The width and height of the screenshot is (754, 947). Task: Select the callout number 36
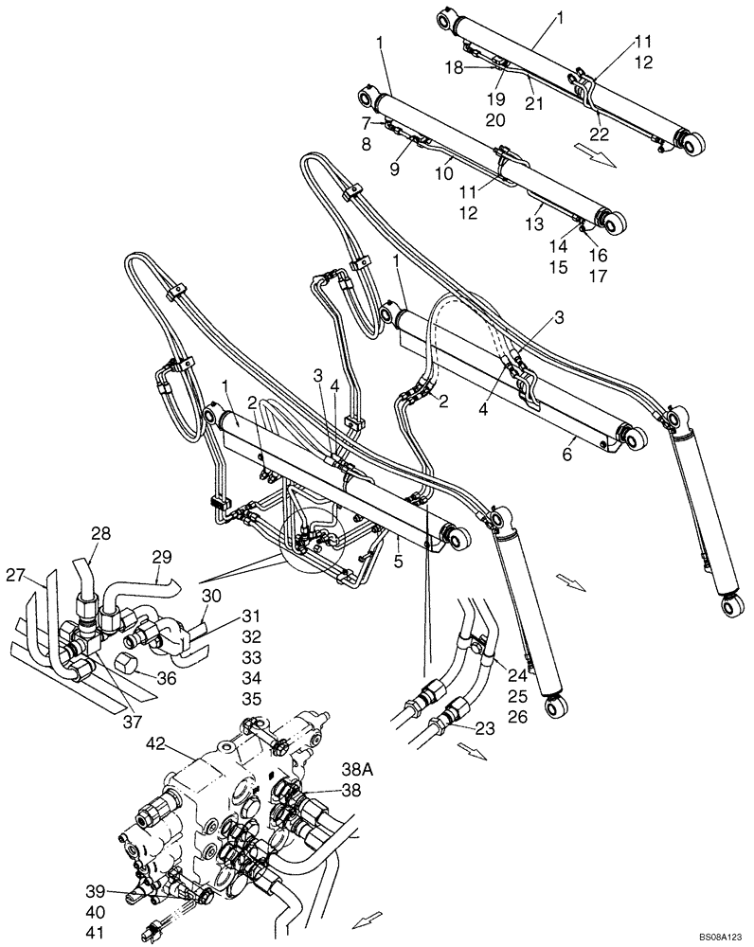[x=167, y=678]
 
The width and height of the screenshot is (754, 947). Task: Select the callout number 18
[x=456, y=68]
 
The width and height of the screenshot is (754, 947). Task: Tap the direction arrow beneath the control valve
[x=366, y=918]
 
